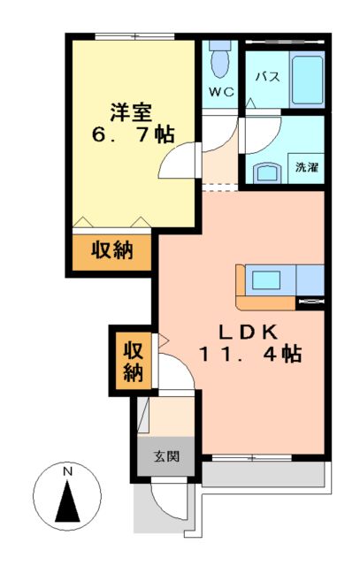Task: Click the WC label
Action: click(220, 91)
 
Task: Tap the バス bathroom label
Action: click(267, 76)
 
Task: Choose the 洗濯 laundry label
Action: click(306, 165)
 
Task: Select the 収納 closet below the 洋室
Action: click(112, 251)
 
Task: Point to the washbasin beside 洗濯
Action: click(266, 172)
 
